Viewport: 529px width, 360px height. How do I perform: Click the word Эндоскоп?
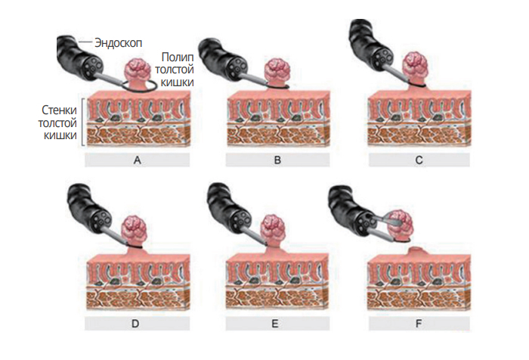[x=119, y=42]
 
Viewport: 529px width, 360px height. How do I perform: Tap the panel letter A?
[x=137, y=160]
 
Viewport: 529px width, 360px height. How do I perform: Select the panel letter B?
[x=277, y=160]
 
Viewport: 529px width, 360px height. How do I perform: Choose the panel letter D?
[x=137, y=324]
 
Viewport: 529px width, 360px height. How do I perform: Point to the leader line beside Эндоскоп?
[x=85, y=42]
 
